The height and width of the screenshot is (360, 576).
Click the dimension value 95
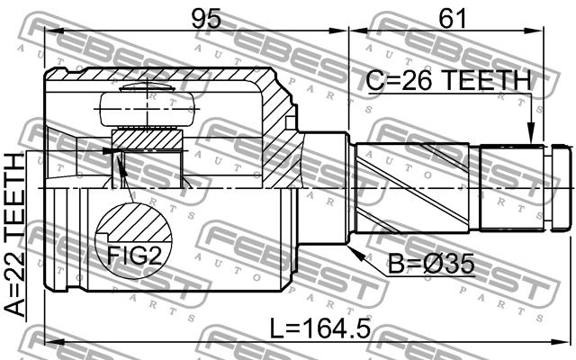[x=206, y=18]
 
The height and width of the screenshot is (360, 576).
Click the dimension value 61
[x=452, y=18]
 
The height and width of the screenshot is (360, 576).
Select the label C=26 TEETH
[x=449, y=81]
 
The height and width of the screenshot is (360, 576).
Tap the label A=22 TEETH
[x=15, y=235]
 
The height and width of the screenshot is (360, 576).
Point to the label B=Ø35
[x=431, y=264]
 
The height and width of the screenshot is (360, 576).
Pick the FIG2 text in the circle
[x=134, y=255]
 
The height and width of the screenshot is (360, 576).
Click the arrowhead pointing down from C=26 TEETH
[x=530, y=133]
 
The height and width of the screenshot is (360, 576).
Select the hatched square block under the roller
[x=147, y=139]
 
